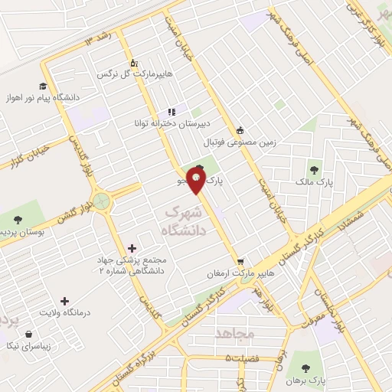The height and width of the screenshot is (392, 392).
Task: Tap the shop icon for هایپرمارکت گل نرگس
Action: click(133, 63)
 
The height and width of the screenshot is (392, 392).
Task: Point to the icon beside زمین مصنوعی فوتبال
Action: click(240, 129)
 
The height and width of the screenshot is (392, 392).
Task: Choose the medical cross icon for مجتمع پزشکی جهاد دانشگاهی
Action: click(134, 247)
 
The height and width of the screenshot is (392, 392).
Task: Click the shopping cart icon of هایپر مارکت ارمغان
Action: click(240, 261)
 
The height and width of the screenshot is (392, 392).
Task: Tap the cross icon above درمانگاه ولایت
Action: click(64, 301)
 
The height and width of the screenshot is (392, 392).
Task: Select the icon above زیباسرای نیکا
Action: click(29, 334)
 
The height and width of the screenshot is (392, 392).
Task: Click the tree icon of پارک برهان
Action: click(306, 367)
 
